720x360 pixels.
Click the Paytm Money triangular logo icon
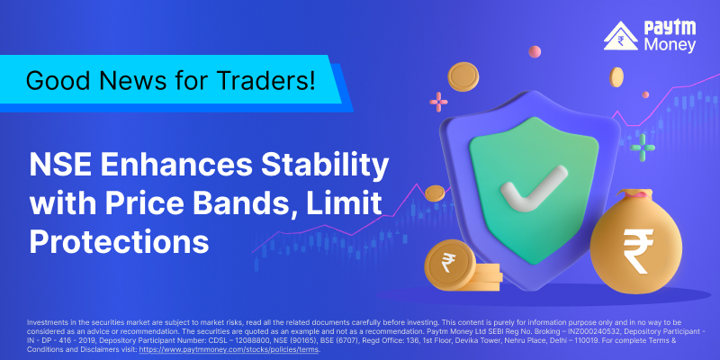(x=621, y=36)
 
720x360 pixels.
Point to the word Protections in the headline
(x=120, y=242)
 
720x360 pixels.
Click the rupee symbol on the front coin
(x=446, y=263)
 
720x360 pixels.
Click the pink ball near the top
(x=535, y=51)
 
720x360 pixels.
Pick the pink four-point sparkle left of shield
(x=438, y=102)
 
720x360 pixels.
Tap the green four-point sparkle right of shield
(x=643, y=148)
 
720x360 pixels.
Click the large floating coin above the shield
(x=463, y=76)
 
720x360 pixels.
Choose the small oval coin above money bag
(x=616, y=76)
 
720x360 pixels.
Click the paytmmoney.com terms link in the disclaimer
(x=229, y=349)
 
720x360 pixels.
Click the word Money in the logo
(x=670, y=44)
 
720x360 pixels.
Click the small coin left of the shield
(x=435, y=193)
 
